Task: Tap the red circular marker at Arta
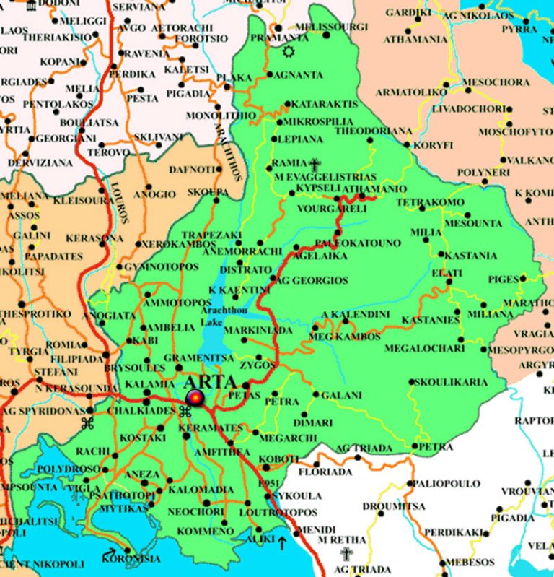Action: [x=195, y=398]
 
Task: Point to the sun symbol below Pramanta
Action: [x=289, y=52]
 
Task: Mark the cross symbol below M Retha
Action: [x=346, y=554]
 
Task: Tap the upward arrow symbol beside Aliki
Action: [x=282, y=541]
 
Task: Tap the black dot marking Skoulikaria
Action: [x=411, y=382]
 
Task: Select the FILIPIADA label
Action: [x=77, y=358]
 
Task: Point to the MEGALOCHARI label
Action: [x=425, y=348]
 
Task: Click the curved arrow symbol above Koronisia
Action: [x=110, y=553]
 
